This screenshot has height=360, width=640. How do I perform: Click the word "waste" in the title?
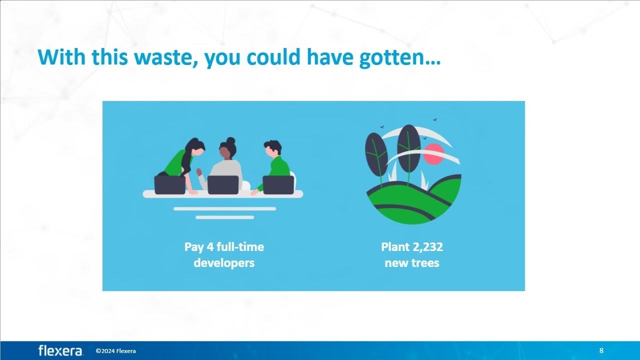165,57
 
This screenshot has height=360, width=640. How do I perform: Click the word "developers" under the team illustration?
224,263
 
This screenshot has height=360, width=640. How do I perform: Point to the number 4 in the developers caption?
210,247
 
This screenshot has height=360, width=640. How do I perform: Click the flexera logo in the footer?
60,350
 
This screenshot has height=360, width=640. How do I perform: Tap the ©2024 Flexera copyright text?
115,351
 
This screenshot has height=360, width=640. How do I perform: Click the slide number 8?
601,350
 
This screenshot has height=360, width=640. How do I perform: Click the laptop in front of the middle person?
223,185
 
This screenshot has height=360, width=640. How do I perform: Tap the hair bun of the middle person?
231,141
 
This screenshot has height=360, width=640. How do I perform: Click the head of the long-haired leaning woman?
196,146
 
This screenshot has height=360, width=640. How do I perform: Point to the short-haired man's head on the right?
273,148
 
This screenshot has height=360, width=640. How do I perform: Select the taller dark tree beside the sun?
409,148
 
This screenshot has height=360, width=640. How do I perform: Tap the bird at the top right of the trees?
435,119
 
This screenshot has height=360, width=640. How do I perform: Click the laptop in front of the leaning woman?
169,185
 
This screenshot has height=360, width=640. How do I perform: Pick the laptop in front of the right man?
278,185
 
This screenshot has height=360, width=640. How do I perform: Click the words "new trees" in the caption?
412,263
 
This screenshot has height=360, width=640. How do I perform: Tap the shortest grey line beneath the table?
225,217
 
